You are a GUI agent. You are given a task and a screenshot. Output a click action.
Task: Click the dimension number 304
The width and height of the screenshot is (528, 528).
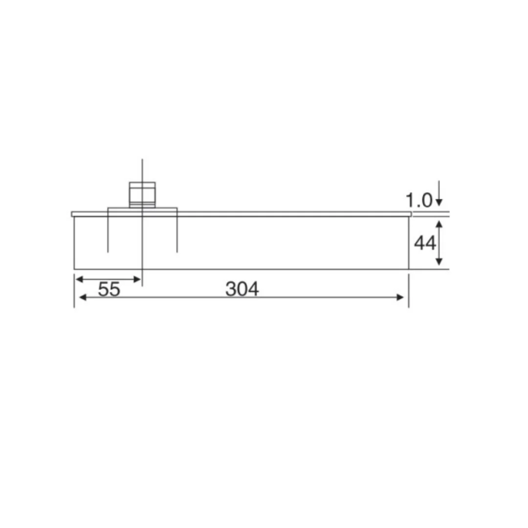[242, 289]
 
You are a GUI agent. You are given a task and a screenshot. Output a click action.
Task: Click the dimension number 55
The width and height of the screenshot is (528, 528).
[109, 289]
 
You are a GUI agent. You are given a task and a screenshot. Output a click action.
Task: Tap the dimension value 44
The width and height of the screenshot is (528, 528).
[424, 242]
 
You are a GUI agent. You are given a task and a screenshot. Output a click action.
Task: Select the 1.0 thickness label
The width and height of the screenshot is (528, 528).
[418, 199]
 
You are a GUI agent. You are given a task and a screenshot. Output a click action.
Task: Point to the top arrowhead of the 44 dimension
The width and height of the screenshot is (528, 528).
[439, 224]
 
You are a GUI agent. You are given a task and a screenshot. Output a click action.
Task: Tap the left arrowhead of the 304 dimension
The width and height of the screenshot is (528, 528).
[83, 297]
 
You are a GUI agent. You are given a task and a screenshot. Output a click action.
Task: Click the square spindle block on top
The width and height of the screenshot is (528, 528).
[142, 194]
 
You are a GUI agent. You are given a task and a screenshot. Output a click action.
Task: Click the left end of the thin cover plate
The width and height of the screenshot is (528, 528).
[73, 214]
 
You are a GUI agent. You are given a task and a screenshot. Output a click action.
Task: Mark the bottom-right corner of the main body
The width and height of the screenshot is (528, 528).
[408, 269]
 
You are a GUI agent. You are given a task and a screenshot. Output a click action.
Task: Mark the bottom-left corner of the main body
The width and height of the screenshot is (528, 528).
[74, 269]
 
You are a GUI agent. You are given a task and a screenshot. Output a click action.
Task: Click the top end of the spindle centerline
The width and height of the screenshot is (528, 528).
[142, 160]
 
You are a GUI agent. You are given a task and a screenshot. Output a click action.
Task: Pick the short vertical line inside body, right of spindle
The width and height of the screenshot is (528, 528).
[177, 235]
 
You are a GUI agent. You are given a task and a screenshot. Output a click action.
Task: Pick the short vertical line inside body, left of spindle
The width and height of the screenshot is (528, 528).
[108, 235]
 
